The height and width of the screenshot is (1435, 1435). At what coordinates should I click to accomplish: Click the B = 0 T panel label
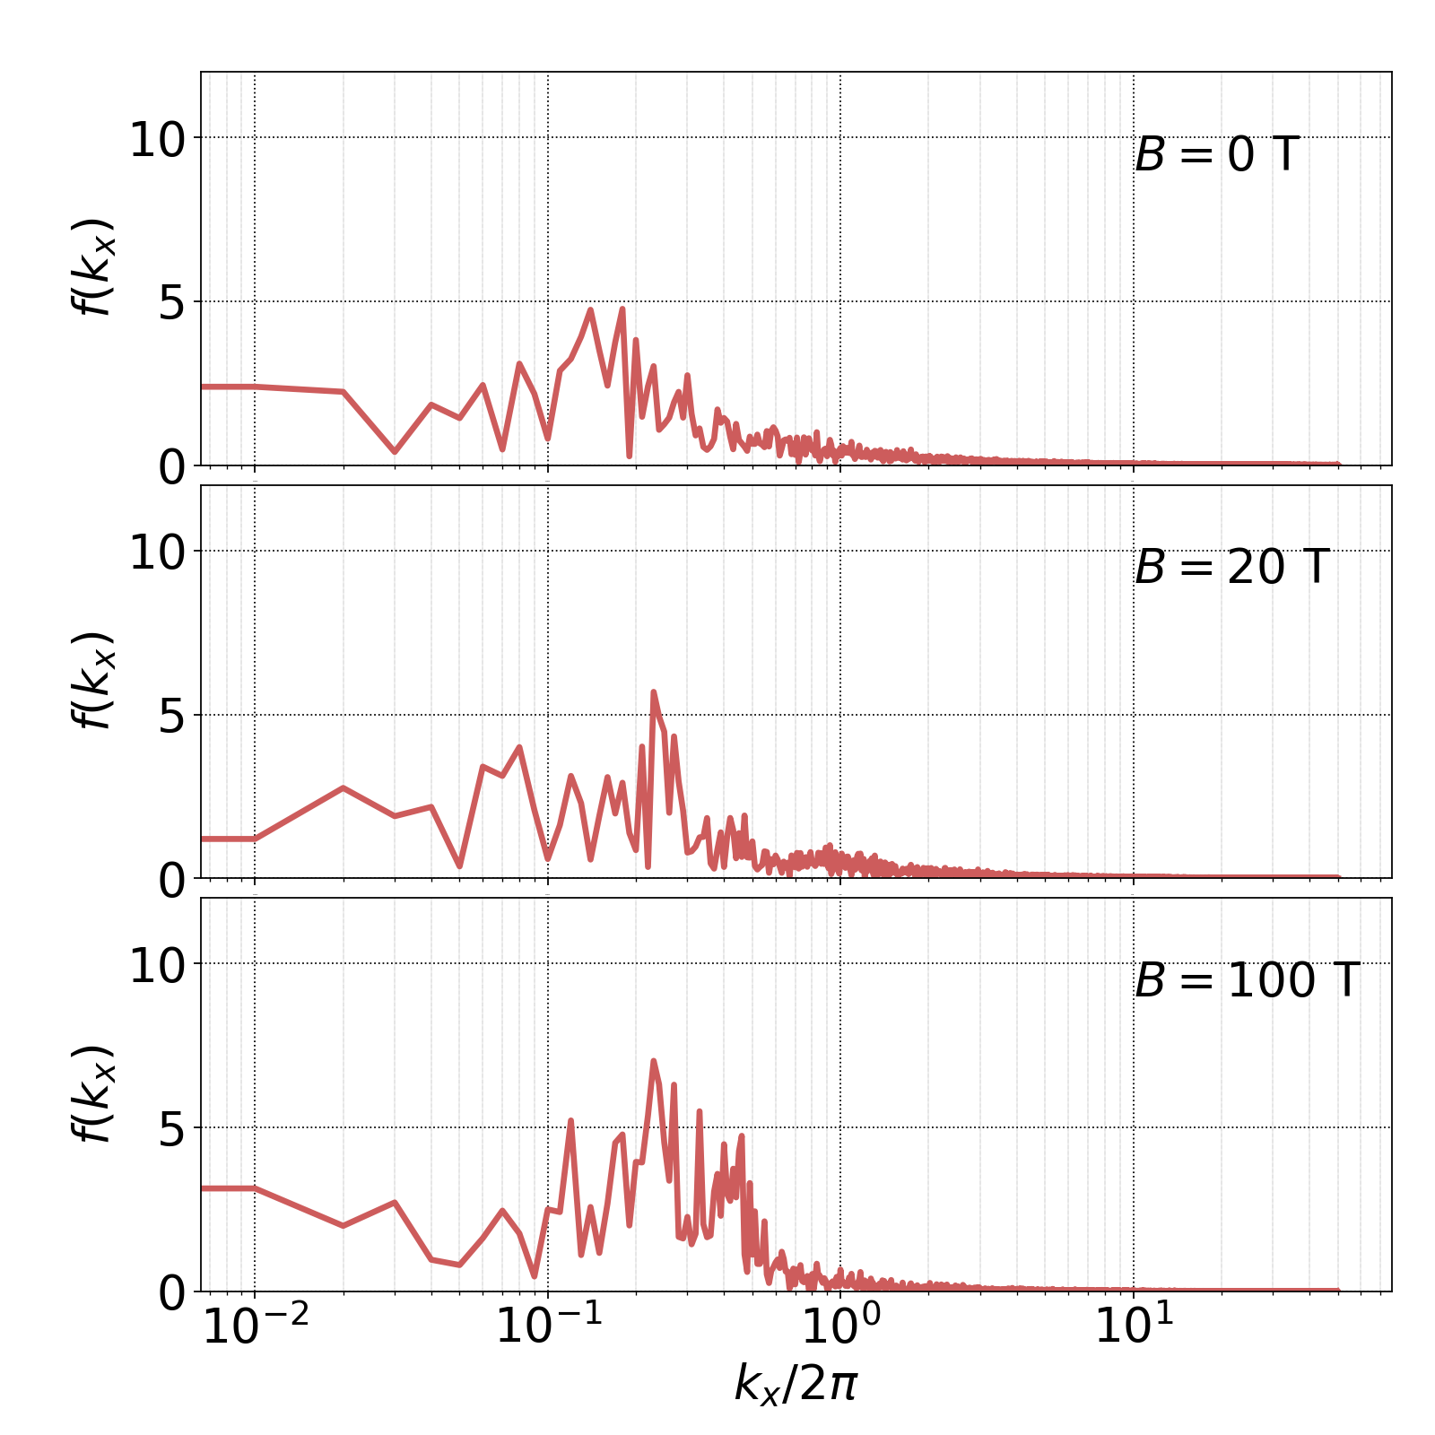[x=1216, y=155]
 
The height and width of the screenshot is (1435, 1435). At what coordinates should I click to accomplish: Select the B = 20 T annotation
[x=1231, y=568]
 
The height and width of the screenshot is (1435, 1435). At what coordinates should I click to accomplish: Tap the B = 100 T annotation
[x=1247, y=980]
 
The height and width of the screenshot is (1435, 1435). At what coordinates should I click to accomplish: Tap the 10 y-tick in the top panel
[x=157, y=142]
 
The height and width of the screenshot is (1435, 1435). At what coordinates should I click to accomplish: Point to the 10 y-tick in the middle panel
[x=157, y=554]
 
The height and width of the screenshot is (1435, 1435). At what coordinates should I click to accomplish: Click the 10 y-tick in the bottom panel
[x=157, y=968]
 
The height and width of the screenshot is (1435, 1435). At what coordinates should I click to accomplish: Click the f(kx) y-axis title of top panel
[x=93, y=267]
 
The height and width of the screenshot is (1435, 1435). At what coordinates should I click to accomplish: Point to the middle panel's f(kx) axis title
[x=93, y=680]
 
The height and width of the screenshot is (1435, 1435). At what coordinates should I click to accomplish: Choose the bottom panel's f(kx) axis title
[x=93, y=1093]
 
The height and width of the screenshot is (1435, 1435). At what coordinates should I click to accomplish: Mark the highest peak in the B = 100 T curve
[x=654, y=1061]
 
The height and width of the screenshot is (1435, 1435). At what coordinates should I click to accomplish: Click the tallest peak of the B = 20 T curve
[x=653, y=691]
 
